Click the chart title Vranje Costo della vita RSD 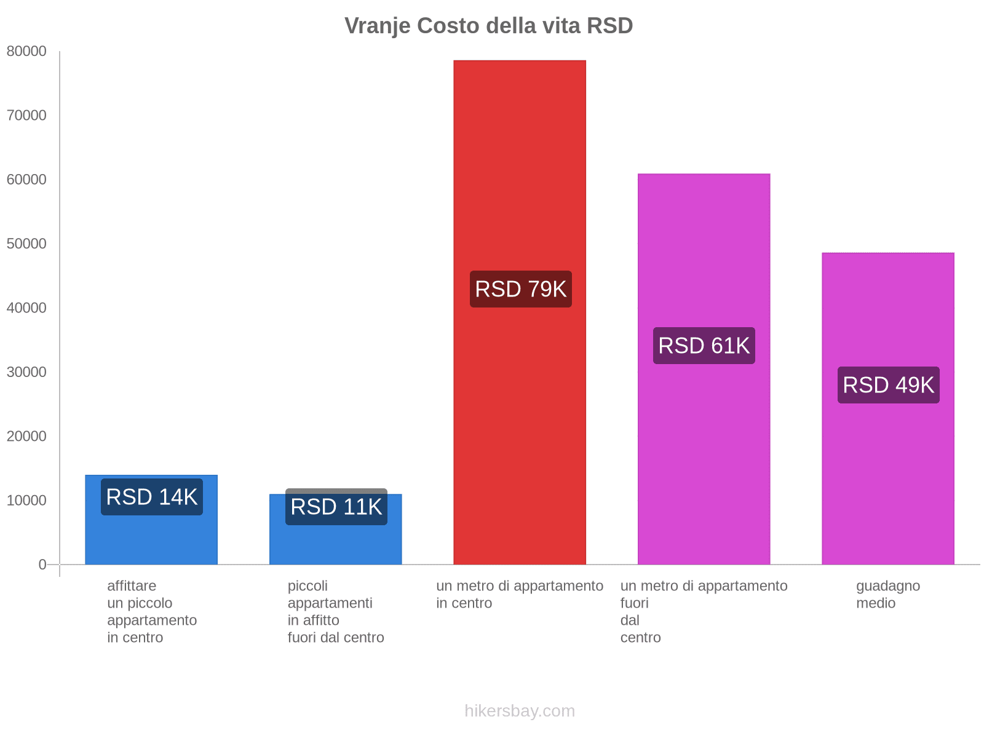pyautogui.click(x=488, y=26)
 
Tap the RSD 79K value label pyautogui.click(x=520, y=289)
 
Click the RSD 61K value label pyautogui.click(x=704, y=346)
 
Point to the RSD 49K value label pyautogui.click(x=888, y=385)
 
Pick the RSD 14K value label pyautogui.click(x=151, y=497)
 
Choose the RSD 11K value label pyautogui.click(x=336, y=507)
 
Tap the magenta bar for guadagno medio pyautogui.click(x=888, y=480)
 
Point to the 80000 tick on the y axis pyautogui.click(x=26, y=52)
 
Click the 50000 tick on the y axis pyautogui.click(x=26, y=244)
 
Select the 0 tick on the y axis pyautogui.click(x=42, y=565)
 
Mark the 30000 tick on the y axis pyautogui.click(x=26, y=372)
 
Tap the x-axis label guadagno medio pyautogui.click(x=887, y=594)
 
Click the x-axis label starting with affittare pyautogui.click(x=151, y=611)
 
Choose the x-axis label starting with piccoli pyautogui.click(x=335, y=611)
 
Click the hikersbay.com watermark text pyautogui.click(x=520, y=711)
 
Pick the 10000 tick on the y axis pyautogui.click(x=26, y=501)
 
